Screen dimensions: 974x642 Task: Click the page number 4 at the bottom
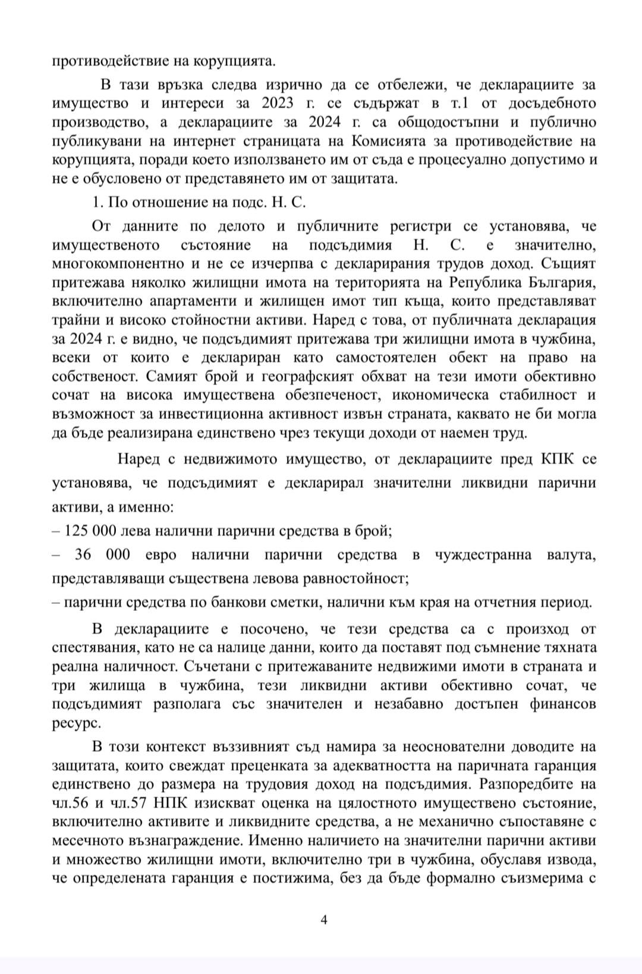[x=324, y=920]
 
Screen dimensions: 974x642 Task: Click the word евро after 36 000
[x=161, y=555]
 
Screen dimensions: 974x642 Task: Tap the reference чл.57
[x=125, y=803]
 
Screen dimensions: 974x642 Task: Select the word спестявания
[x=93, y=647]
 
